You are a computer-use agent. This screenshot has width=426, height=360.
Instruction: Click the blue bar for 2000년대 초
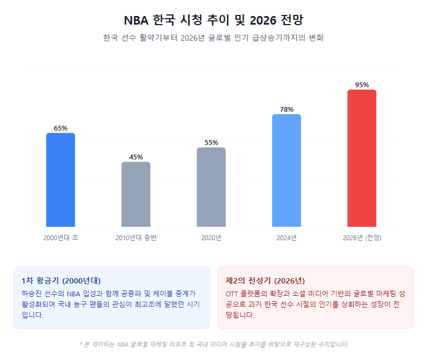(60, 180)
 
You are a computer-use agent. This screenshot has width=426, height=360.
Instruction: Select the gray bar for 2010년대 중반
(136, 194)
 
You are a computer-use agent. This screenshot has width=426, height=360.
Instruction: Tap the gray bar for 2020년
(211, 187)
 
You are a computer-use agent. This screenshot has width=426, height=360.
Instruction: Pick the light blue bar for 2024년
(286, 170)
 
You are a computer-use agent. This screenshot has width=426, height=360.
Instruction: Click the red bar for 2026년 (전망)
(362, 158)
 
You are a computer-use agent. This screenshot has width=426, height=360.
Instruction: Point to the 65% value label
(60, 128)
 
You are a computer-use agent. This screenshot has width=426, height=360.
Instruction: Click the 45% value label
(136, 157)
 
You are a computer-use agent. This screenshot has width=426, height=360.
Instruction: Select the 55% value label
(211, 143)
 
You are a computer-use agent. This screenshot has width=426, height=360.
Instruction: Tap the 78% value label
(286, 110)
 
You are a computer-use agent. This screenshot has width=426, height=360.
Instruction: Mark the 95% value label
(362, 85)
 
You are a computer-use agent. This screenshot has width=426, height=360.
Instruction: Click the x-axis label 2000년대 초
(60, 238)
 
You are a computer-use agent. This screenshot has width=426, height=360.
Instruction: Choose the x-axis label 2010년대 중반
(136, 238)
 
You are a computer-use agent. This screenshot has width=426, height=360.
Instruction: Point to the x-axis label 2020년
(211, 238)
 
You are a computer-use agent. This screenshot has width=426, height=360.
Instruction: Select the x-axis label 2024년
(286, 238)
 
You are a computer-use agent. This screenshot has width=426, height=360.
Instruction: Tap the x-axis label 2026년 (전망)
(362, 238)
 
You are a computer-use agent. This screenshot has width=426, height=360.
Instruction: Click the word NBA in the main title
(136, 21)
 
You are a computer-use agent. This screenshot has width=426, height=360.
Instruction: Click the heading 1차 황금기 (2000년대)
(61, 280)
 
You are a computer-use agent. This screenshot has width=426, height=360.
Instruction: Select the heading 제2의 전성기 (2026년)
(265, 280)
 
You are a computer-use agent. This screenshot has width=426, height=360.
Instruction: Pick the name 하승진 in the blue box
(31, 293)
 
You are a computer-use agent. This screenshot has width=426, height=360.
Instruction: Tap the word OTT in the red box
(232, 293)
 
